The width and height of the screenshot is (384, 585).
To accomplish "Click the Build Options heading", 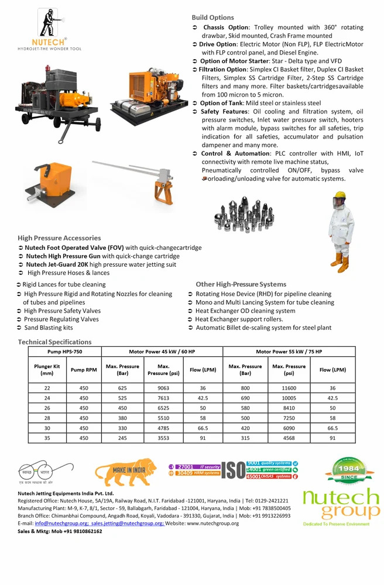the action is (x=212, y=18).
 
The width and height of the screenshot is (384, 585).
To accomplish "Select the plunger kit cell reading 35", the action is (x=47, y=437).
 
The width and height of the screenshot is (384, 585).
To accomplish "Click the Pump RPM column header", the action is (x=84, y=370).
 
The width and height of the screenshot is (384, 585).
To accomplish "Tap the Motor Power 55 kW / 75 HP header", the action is (x=289, y=351).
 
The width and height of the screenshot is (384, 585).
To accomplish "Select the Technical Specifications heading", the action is (x=54, y=342).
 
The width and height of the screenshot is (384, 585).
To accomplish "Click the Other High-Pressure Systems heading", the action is (x=241, y=284).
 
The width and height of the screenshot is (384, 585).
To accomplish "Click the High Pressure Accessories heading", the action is (x=59, y=238).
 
